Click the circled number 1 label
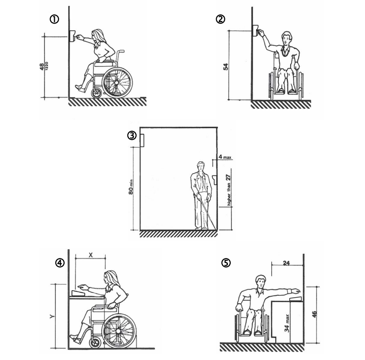click(x=55, y=19)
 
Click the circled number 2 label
click(x=220, y=19)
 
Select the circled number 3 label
click(x=132, y=135)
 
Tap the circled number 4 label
click(x=60, y=263)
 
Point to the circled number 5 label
click(x=225, y=263)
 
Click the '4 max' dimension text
click(x=225, y=157)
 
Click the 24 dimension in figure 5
click(x=286, y=264)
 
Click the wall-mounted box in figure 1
click(x=72, y=36)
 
